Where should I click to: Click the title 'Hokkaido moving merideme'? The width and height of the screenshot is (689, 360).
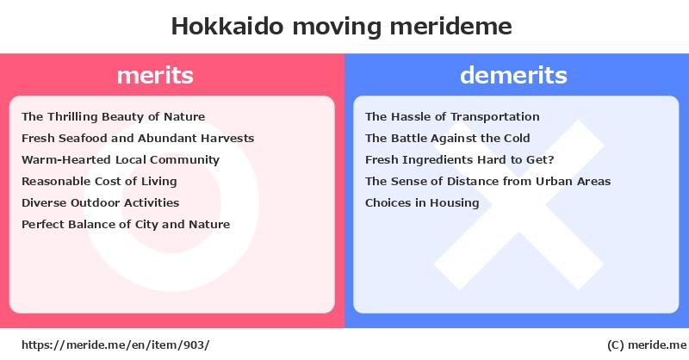click(x=341, y=27)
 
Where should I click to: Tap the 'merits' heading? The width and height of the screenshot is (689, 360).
click(x=155, y=75)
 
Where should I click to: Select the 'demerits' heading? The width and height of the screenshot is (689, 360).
click(x=513, y=75)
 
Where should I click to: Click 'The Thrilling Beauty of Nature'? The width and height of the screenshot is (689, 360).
click(x=114, y=117)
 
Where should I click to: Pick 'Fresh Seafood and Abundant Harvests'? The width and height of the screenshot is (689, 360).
click(x=138, y=138)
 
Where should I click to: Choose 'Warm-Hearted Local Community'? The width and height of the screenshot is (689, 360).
click(x=121, y=160)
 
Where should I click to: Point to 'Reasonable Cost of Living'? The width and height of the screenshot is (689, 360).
click(x=99, y=182)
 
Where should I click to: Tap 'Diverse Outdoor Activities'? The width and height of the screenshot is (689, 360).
click(x=101, y=202)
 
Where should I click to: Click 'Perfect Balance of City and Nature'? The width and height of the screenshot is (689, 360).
click(x=126, y=225)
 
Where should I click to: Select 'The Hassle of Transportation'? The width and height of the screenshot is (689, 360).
click(x=452, y=117)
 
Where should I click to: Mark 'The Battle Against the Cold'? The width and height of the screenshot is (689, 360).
click(x=447, y=139)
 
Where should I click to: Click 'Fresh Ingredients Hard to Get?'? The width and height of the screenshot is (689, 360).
click(x=460, y=160)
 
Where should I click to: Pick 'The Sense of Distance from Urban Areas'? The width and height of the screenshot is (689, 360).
click(x=487, y=181)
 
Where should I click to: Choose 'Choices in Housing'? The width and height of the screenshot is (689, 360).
click(x=422, y=203)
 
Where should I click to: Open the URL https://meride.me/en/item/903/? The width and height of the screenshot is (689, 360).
click(x=115, y=345)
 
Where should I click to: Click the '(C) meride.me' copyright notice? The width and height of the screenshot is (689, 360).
click(x=647, y=345)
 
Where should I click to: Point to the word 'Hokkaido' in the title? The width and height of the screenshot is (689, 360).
click(x=227, y=27)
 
